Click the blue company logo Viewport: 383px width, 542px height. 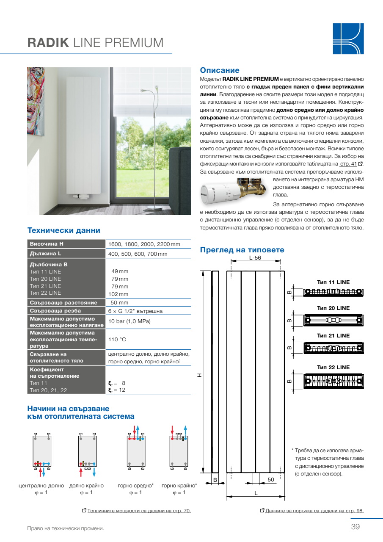tap(348, 39)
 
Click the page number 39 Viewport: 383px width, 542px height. tap(355, 527)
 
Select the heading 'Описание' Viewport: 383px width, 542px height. tap(220, 70)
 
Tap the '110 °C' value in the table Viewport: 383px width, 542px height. tap(117, 340)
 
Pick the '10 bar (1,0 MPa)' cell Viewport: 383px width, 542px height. tap(130, 321)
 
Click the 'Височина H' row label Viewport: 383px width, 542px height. tap(47, 244)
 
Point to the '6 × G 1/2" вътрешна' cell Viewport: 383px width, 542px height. tap(135, 311)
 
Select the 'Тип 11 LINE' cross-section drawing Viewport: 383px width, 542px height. tap(333, 292)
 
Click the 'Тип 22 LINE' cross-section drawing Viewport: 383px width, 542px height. tap(333, 380)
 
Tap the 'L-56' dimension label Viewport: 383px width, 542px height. tap(255, 257)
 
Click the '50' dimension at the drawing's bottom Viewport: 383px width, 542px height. tap(271, 479)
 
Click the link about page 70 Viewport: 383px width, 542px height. tap(139, 511)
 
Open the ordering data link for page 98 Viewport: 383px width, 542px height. tap(314, 511)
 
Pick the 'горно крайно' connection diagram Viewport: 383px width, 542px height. tap(179, 451)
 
